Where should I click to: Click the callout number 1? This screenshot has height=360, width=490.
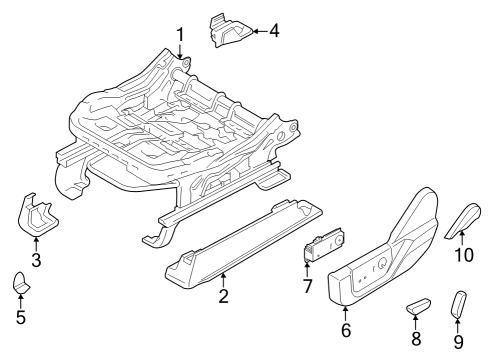pyautogui.click(x=180, y=37)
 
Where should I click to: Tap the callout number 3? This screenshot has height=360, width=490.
pyautogui.click(x=36, y=261)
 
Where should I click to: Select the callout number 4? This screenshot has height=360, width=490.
pyautogui.click(x=274, y=30)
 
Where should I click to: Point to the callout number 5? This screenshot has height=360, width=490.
pyautogui.click(x=21, y=319)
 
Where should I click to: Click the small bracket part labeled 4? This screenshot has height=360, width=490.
pyautogui.click(x=227, y=30)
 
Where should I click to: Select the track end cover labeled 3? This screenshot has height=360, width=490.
pyautogui.click(x=36, y=216)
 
